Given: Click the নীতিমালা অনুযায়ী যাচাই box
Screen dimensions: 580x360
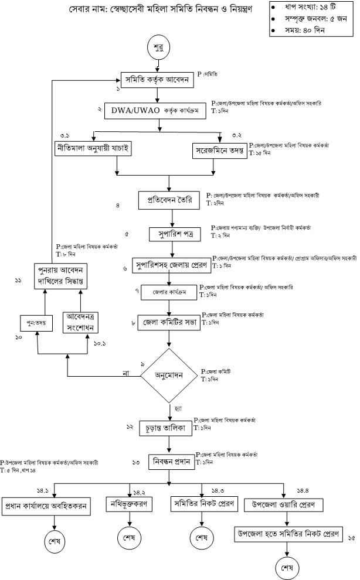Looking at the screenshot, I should click(x=93, y=149).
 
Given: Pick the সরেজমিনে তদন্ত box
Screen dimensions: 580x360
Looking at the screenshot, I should click(x=220, y=150).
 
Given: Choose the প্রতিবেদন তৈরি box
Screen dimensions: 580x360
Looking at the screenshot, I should click(x=171, y=200).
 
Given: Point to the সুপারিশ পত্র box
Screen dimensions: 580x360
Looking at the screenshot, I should click(x=171, y=235).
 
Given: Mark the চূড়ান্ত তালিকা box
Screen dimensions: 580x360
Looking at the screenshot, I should click(x=169, y=428).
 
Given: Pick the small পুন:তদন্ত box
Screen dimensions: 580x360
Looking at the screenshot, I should click(x=36, y=323).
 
